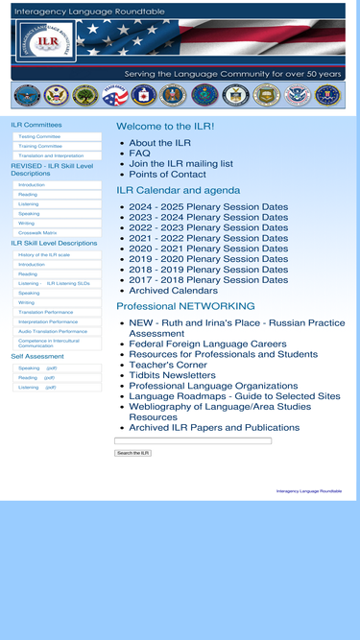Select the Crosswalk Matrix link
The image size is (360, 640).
[x=37, y=232]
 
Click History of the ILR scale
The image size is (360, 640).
[x=44, y=254]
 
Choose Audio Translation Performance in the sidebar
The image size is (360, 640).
[x=53, y=331]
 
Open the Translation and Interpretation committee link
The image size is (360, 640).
[x=51, y=155]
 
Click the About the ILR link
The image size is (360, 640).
[x=159, y=143]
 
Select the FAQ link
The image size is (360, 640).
[x=140, y=154]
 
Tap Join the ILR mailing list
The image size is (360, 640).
[x=180, y=164]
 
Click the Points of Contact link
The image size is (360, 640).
[x=167, y=175]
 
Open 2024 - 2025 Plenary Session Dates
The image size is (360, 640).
[x=208, y=206]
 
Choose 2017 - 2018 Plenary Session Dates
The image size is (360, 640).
[x=208, y=280]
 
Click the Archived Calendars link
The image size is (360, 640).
[x=173, y=291]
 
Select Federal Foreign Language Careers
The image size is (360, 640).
[x=207, y=344]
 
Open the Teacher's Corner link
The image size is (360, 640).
[x=168, y=365]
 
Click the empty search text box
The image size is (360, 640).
[x=193, y=441]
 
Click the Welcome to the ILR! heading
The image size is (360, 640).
[x=165, y=127]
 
